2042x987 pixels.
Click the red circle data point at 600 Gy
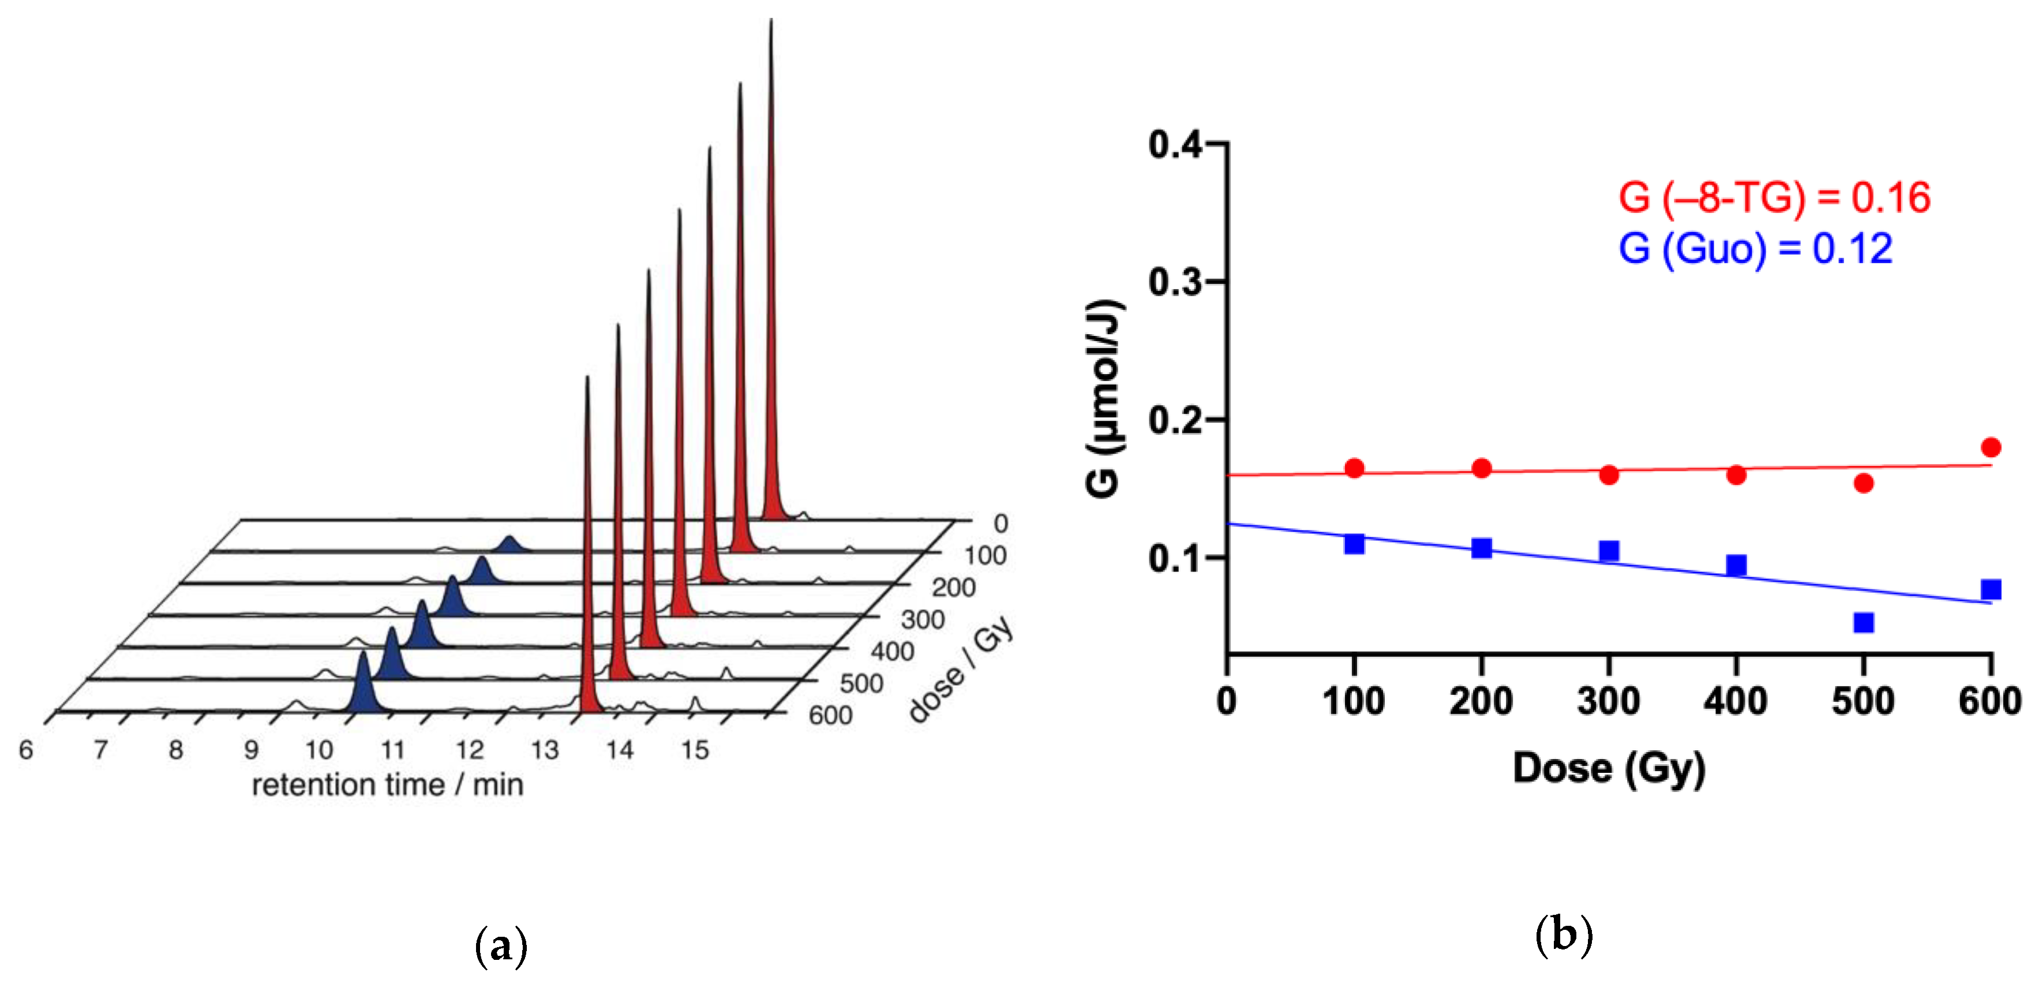(x=1991, y=447)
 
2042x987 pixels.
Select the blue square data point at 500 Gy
(x=1864, y=622)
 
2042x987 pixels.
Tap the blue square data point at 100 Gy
(x=1354, y=544)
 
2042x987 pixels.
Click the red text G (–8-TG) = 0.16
(x=1774, y=197)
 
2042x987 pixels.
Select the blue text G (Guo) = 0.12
(x=1755, y=248)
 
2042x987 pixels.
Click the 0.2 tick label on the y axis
(x=1174, y=420)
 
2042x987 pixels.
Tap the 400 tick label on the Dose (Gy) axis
(x=1735, y=701)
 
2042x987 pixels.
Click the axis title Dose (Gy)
(x=1609, y=768)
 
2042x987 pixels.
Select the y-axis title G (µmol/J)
(x=1103, y=399)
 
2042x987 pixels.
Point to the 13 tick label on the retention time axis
(x=545, y=750)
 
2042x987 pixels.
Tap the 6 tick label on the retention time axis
(x=26, y=750)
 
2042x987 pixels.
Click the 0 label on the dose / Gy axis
(x=1001, y=524)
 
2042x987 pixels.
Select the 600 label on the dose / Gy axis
(x=830, y=715)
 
